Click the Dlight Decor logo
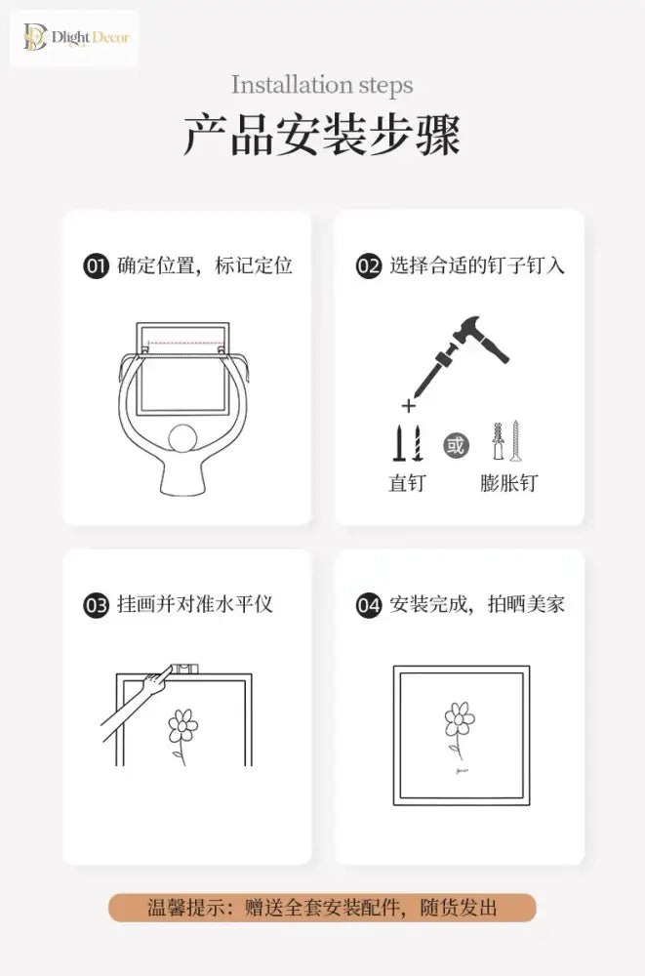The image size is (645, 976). click(75, 37)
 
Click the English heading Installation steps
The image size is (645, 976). click(322, 85)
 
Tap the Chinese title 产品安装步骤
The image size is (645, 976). click(322, 135)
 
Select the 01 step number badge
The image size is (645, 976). click(96, 266)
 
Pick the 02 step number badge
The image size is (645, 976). click(369, 266)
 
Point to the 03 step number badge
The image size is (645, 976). click(96, 605)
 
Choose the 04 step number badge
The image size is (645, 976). click(369, 605)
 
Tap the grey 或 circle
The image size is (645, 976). click(456, 445)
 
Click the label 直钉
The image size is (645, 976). click(407, 483)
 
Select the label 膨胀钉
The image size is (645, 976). click(508, 483)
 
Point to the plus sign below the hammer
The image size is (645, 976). click(409, 406)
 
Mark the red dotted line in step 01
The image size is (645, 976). click(184, 343)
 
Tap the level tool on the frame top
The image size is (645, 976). click(184, 670)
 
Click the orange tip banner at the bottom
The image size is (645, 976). click(322, 908)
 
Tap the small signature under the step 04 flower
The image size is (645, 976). click(462, 771)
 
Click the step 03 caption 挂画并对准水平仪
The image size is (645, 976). click(195, 604)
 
